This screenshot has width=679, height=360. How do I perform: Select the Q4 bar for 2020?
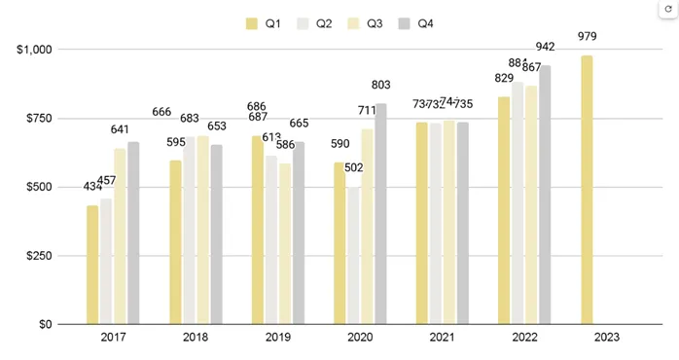380,214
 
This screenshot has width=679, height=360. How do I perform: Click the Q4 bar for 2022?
545,195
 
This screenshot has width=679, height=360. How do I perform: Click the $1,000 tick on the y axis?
34,50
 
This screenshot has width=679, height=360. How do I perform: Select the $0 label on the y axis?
45,324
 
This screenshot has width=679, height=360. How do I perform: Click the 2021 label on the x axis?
443,338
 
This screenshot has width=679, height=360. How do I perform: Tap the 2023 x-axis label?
607,338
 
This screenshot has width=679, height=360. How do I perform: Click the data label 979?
587,37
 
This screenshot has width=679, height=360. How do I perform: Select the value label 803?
381,86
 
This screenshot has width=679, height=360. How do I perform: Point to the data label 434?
93,187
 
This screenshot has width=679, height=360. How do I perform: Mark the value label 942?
545,47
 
